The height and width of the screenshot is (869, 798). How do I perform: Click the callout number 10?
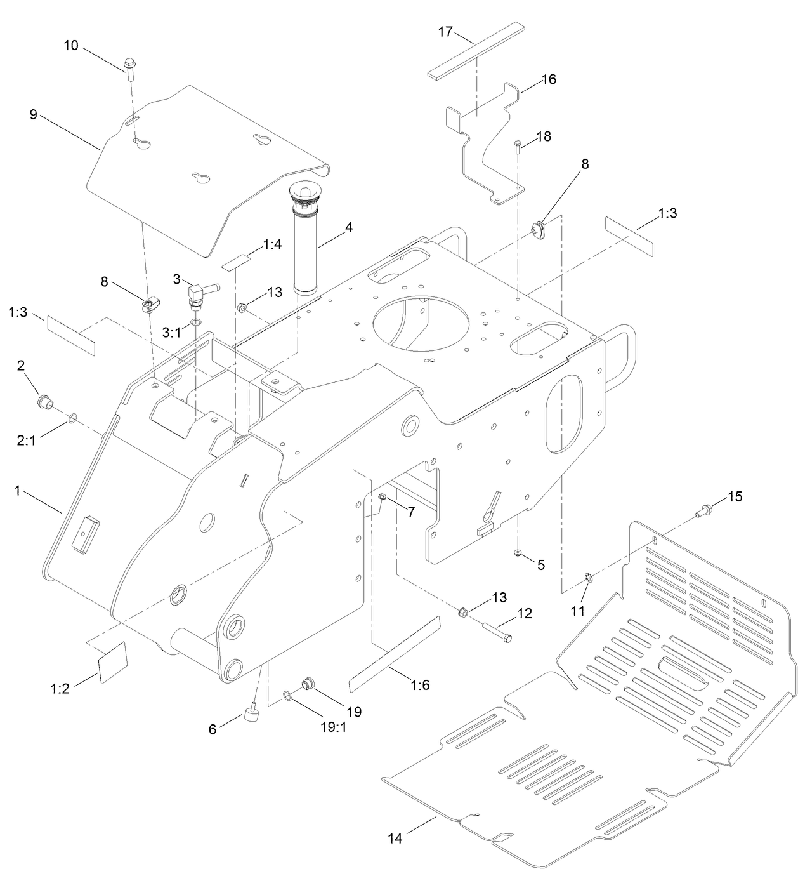71,45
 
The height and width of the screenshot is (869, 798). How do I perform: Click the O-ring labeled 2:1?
73,418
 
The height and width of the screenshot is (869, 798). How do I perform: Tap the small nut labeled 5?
518,554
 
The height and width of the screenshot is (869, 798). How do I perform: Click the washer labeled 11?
589,577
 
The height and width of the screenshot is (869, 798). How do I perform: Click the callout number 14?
395,839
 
